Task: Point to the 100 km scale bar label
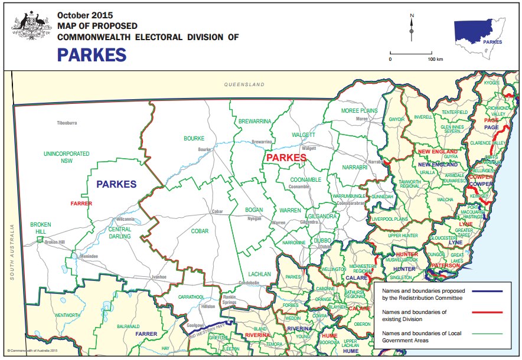(435, 60)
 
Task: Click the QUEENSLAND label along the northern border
(244, 85)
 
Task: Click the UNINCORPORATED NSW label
(67, 157)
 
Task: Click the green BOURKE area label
(194, 138)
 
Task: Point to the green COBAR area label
(200, 231)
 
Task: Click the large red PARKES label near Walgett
(286, 158)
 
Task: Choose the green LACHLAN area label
(259, 274)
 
